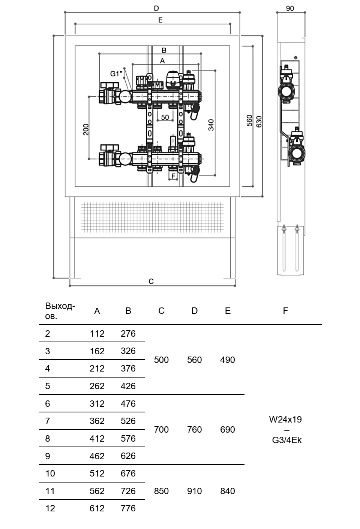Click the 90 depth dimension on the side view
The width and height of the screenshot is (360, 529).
(290, 8)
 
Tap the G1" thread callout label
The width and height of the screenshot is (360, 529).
(116, 73)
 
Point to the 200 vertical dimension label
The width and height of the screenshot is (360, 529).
(85, 129)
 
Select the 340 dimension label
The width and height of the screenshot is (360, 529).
(211, 125)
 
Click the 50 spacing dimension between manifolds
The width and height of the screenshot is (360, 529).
(165, 117)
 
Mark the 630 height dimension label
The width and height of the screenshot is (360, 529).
(259, 121)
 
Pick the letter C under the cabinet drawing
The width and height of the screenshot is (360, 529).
(151, 281)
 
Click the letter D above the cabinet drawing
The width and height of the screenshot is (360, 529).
(156, 8)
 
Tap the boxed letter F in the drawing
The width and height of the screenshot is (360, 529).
(173, 176)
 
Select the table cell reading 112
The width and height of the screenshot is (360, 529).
(97, 333)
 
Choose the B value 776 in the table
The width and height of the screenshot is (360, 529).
(128, 508)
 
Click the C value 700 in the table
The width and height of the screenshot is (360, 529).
(161, 429)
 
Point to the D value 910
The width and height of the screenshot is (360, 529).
(194, 491)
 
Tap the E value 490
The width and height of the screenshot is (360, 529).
(228, 360)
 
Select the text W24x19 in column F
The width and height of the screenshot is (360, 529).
(285, 420)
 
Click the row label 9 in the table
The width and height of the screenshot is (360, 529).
(48, 456)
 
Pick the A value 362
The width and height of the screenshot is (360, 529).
(97, 421)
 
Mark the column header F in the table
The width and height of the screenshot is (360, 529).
(285, 311)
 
